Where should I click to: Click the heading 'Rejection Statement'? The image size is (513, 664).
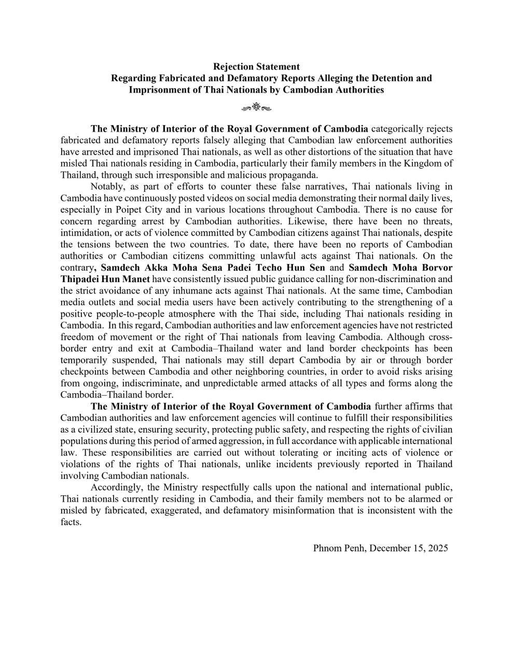click(256, 67)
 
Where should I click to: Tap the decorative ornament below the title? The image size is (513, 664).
click(256, 108)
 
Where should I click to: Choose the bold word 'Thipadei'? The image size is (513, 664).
click(80, 279)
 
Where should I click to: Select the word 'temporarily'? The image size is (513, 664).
click(84, 360)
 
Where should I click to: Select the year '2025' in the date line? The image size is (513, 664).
click(437, 548)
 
